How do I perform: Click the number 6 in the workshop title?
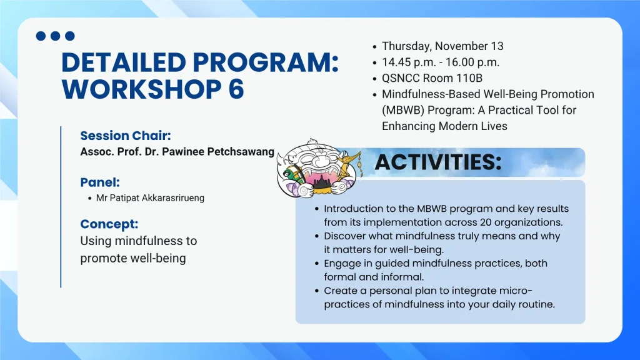pyautogui.click(x=236, y=89)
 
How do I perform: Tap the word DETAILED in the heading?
pyautogui.click(x=124, y=62)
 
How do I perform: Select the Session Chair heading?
pyautogui.click(x=125, y=136)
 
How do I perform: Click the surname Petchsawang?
pyautogui.click(x=241, y=152)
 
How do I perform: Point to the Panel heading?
pyautogui.click(x=100, y=182)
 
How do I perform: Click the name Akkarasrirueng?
pyautogui.click(x=173, y=198)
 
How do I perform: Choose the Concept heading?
pyautogui.click(x=109, y=224)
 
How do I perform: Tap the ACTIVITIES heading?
pyautogui.click(x=438, y=162)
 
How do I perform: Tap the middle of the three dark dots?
pyautogui.click(x=55, y=36)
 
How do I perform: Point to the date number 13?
pyautogui.click(x=497, y=46)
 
